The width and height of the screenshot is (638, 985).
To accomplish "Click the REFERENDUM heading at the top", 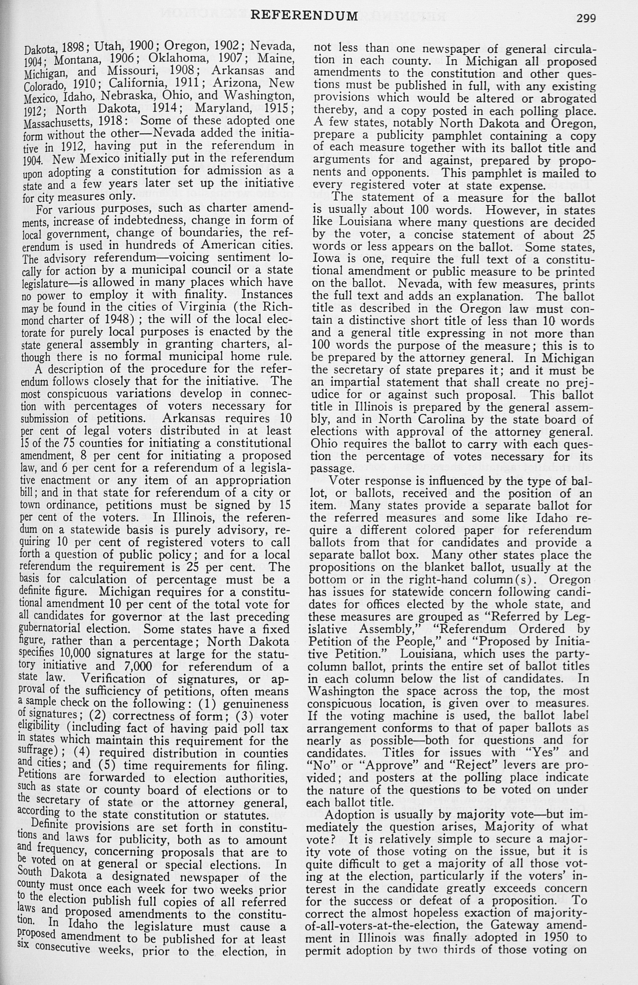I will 305,16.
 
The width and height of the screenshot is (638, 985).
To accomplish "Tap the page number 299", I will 585,18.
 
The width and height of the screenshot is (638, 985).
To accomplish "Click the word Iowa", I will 326,259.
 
